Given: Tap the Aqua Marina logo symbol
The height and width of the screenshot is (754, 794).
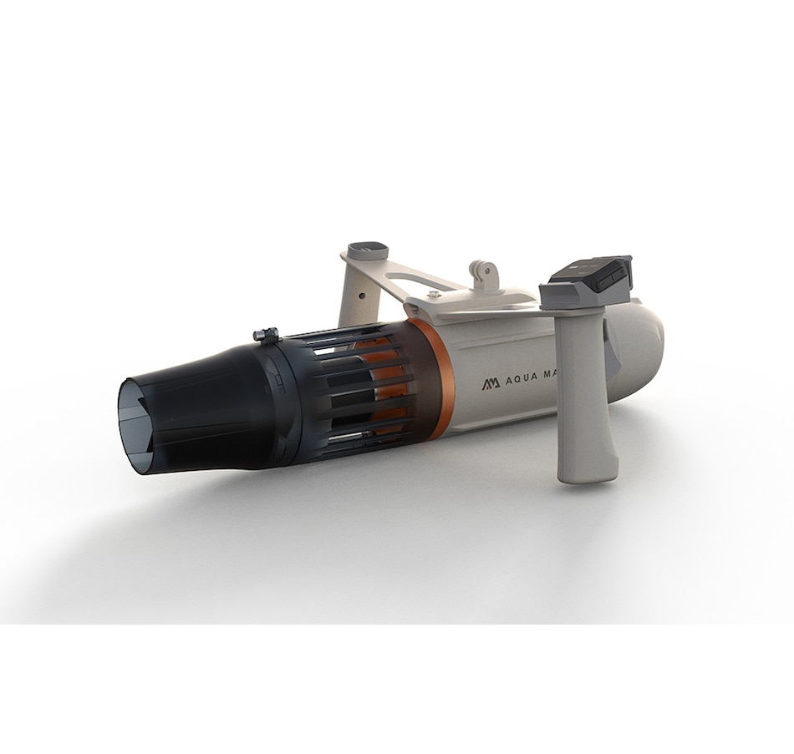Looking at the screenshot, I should tap(491, 383).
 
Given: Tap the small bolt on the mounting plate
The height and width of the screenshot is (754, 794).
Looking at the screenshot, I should tap(433, 294).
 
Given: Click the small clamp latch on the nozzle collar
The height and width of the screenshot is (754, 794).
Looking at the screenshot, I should tap(266, 336).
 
